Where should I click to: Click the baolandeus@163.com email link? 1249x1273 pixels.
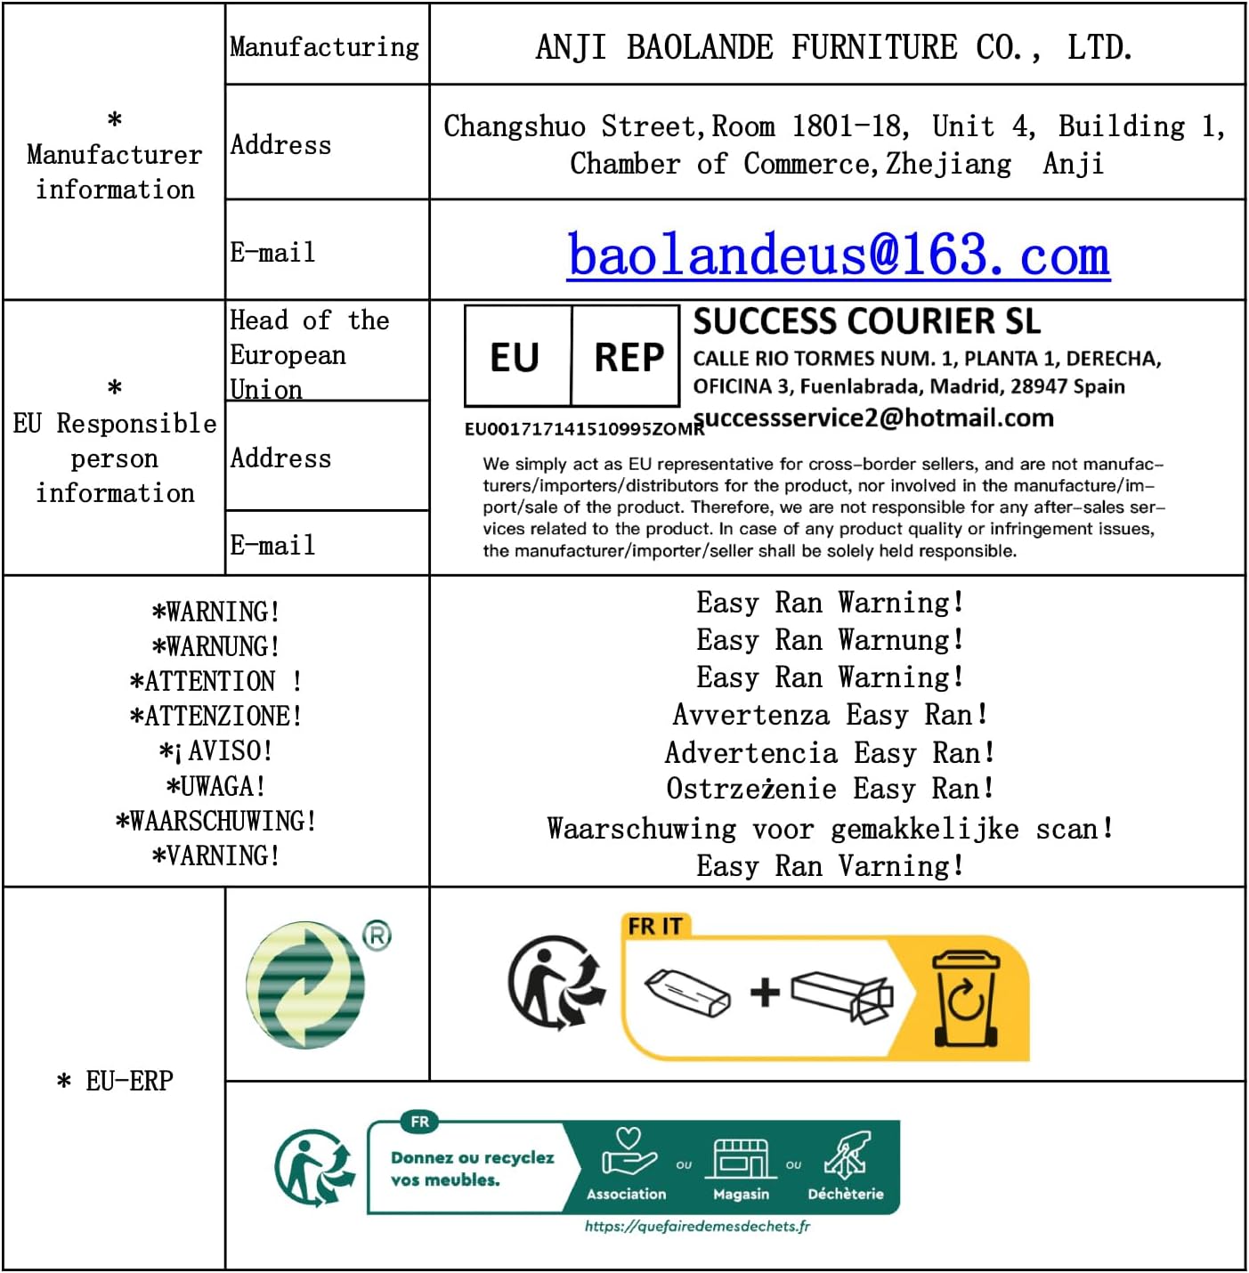click(x=838, y=255)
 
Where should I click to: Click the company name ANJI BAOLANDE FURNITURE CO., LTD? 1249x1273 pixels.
click(x=834, y=47)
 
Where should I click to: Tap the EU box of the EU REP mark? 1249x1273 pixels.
click(x=515, y=357)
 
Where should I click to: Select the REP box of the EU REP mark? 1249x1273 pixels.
click(x=629, y=357)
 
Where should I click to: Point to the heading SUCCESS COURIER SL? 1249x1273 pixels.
click(x=866, y=321)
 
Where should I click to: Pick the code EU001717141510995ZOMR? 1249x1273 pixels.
click(x=583, y=429)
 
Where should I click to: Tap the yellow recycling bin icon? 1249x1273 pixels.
click(x=965, y=998)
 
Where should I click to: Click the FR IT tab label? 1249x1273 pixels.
click(x=654, y=927)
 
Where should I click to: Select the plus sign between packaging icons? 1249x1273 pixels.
click(x=765, y=992)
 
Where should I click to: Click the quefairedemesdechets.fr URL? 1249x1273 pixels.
click(x=697, y=1227)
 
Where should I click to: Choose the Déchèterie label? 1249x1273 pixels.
click(x=845, y=1195)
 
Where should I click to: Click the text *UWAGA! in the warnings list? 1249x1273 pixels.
click(x=215, y=786)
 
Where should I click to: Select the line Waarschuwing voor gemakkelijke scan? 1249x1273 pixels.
click(x=830, y=829)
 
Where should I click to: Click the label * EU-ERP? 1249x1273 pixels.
click(x=116, y=1081)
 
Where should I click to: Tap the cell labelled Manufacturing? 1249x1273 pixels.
click(x=325, y=46)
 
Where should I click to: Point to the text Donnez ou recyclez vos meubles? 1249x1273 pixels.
click(x=472, y=1168)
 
